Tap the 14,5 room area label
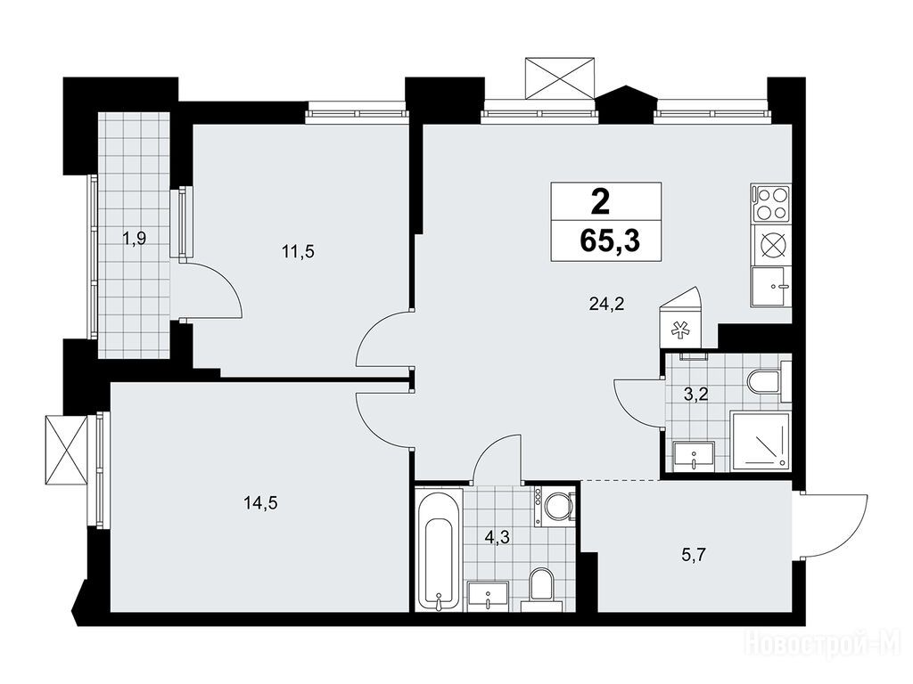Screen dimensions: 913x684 click(260, 503)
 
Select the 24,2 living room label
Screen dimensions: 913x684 click(606, 304)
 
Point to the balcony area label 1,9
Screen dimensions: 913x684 click(134, 238)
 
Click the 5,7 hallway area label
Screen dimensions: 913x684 click(694, 556)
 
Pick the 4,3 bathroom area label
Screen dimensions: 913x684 click(498, 537)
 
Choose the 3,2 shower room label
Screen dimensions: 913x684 click(695, 395)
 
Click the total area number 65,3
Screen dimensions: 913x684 click(610, 240)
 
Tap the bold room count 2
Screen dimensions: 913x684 click(600, 202)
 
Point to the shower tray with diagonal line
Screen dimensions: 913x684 click(761, 442)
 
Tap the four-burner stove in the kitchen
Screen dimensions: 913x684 click(771, 203)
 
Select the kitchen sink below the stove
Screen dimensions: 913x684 click(771, 287)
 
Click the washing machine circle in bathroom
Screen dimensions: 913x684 click(558, 508)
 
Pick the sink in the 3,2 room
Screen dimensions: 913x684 click(694, 456)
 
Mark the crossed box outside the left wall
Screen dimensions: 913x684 click(65, 449)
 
